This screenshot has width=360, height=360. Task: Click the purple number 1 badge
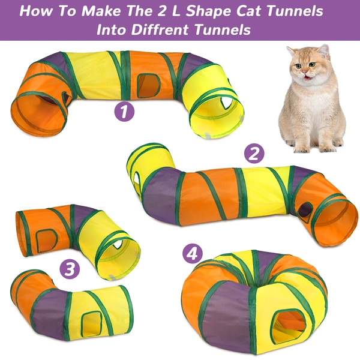[x=124, y=110]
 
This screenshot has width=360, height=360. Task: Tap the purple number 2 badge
[x=255, y=154]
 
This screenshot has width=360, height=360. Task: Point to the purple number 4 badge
[x=192, y=253]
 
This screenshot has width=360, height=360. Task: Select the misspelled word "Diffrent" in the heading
[x=173, y=29]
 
